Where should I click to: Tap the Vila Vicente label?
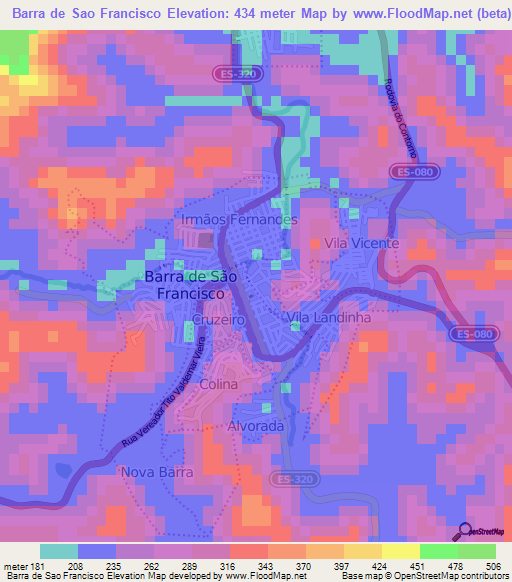click(x=360, y=243)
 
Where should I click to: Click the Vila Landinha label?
click(x=329, y=317)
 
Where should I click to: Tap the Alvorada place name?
click(x=258, y=426)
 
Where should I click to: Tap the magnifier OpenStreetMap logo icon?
click(x=465, y=531)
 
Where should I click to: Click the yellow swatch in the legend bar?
click(x=401, y=551)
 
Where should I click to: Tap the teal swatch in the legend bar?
click(x=58, y=551)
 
